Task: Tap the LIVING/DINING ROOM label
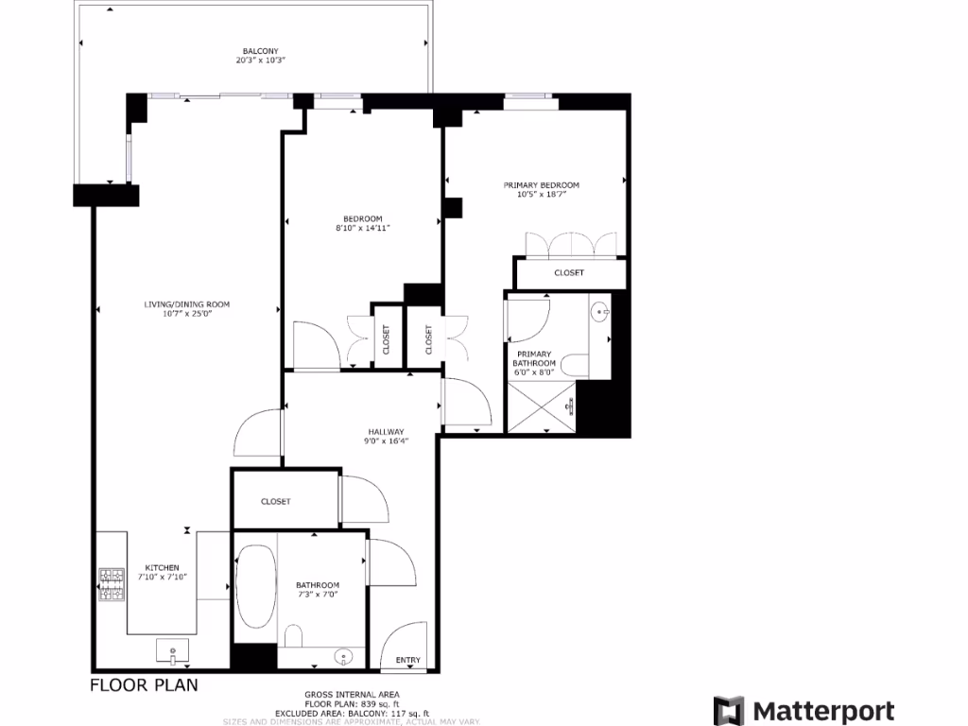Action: tap(186, 304)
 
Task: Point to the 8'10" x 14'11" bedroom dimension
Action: tap(363, 228)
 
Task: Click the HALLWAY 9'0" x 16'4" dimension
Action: tap(387, 441)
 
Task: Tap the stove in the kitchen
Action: tap(112, 584)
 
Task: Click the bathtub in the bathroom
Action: tap(255, 586)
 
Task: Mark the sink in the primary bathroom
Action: tap(600, 311)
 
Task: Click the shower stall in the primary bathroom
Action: tap(541, 406)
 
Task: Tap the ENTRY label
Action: tap(408, 660)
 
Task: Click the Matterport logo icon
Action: tap(728, 710)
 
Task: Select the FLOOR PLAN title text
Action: tap(144, 684)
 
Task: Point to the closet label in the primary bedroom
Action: tap(568, 272)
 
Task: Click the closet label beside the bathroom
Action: tap(275, 501)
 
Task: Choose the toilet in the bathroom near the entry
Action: tap(293, 636)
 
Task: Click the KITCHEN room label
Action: tap(162, 567)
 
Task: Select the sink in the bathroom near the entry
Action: tap(344, 655)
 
